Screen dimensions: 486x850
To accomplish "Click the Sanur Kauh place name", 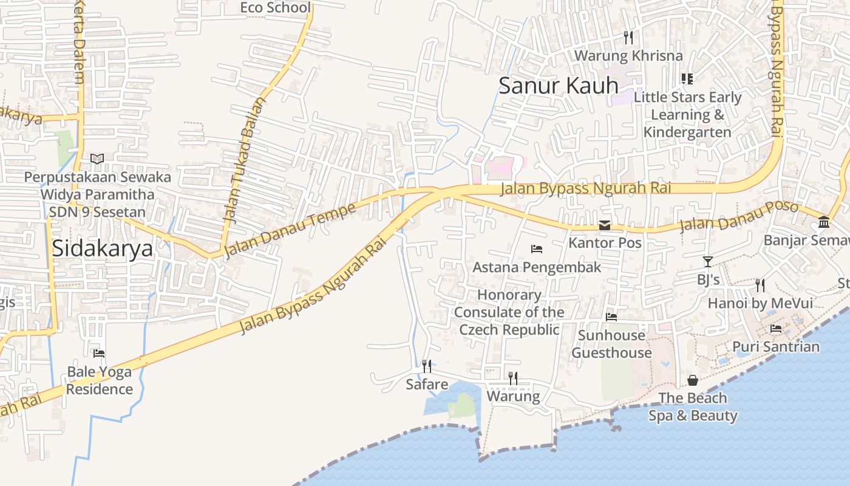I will click(558, 86).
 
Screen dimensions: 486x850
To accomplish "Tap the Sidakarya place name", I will click(102, 248).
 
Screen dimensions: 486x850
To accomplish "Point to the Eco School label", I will click(275, 7).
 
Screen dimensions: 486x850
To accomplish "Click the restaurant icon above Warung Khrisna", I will click(628, 38).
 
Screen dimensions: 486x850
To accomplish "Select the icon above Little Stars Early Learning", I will click(687, 78).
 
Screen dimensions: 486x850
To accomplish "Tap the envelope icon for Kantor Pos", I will click(605, 225).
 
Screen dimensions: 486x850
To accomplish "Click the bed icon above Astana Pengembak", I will click(537, 248).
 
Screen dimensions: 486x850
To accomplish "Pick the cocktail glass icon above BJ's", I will click(708, 262).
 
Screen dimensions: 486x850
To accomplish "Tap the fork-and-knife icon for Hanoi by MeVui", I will click(760, 285).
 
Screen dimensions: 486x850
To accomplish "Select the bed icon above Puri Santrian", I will click(776, 329).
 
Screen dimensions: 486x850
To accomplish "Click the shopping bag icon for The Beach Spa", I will click(693, 380).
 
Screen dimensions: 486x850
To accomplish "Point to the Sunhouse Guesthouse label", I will click(611, 344).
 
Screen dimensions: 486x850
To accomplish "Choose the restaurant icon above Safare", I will click(427, 366).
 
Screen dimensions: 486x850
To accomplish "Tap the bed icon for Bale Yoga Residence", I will click(99, 353).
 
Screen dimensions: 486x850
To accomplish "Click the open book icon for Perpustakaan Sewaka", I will click(97, 159).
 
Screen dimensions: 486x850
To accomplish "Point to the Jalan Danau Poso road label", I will click(738, 216).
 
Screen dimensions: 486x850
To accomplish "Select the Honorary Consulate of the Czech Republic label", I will click(509, 312).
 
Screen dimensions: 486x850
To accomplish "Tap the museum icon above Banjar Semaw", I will click(824, 222).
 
